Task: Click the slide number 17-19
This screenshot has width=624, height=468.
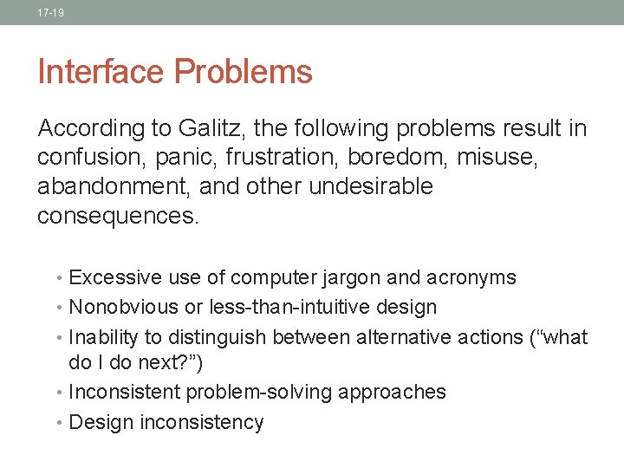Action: click(x=51, y=13)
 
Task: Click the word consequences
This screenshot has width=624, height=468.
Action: click(x=118, y=215)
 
